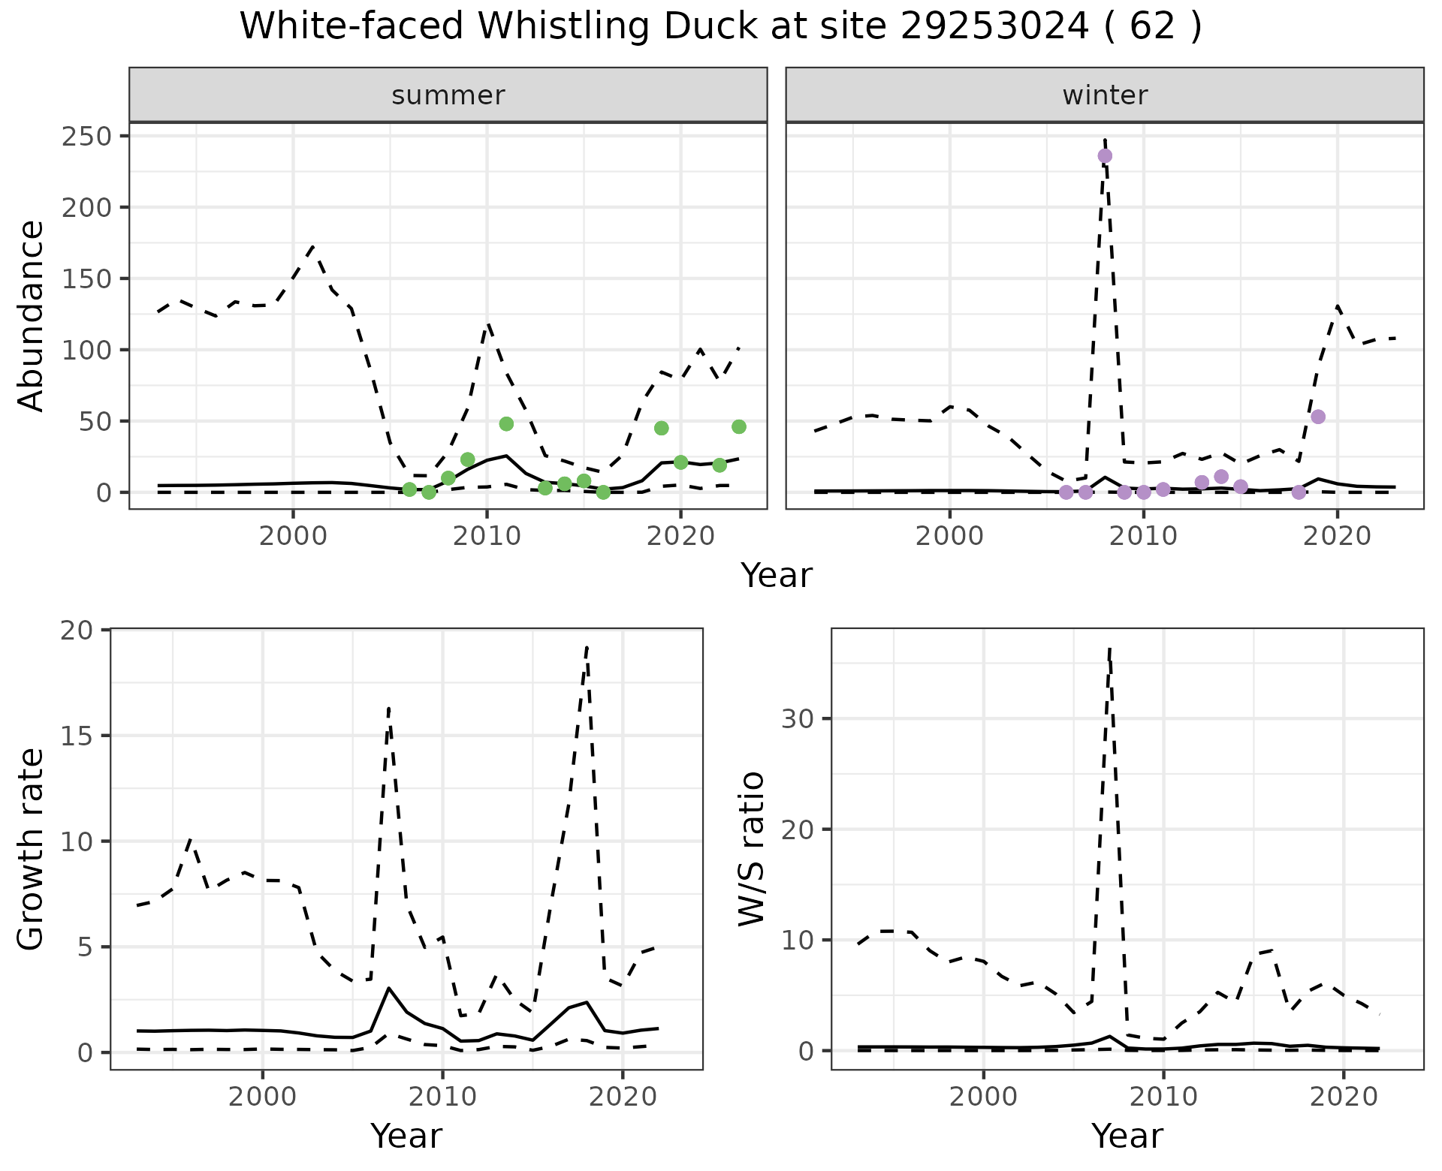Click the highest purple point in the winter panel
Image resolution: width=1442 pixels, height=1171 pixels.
(1105, 156)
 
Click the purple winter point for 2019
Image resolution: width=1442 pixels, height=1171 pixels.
(1317, 417)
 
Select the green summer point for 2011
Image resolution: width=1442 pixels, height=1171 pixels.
(506, 424)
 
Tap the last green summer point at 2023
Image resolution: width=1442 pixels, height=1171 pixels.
(739, 427)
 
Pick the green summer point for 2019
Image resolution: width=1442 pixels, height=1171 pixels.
(662, 428)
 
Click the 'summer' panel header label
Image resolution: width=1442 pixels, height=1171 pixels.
(448, 95)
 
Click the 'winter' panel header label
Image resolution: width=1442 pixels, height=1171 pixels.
(1105, 95)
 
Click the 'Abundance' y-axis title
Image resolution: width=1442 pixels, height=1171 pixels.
(32, 315)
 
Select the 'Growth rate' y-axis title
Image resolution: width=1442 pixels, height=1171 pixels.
(32, 849)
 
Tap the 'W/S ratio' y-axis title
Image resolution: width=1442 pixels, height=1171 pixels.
(751, 849)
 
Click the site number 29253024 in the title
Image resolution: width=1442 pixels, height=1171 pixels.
(994, 27)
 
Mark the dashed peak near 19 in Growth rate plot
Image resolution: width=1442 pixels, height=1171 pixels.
(587, 646)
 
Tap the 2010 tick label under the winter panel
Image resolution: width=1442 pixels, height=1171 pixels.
(1143, 537)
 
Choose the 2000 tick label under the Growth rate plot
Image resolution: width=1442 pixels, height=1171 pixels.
(262, 1097)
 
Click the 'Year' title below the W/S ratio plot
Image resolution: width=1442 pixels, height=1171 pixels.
(1127, 1136)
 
